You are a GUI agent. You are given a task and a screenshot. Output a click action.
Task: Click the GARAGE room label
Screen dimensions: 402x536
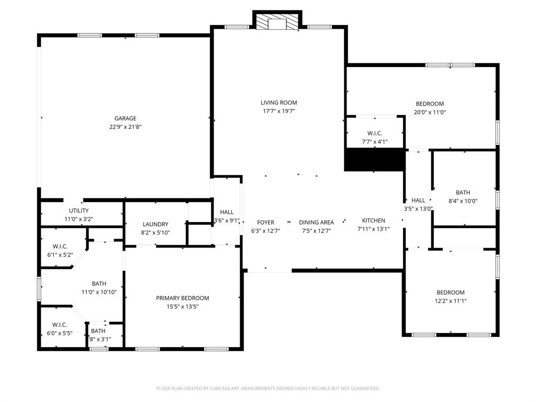pyautogui.click(x=126, y=118)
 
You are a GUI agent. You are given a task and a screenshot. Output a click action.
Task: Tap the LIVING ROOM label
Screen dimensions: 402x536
pyautogui.click(x=279, y=103)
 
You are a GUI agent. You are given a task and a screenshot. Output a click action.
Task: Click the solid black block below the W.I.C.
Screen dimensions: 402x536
pyautogui.click(x=375, y=160)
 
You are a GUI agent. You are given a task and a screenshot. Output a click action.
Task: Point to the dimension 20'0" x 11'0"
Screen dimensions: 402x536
pyautogui.click(x=430, y=112)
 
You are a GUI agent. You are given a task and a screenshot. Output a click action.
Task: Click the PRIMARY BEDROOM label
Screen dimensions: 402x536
pyautogui.click(x=183, y=298)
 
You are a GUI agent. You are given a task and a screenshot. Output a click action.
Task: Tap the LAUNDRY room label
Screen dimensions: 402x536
pyautogui.click(x=155, y=224)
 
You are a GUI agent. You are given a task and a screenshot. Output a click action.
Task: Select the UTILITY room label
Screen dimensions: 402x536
pyautogui.click(x=79, y=211)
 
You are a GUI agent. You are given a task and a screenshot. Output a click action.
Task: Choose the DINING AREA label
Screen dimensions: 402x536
pyautogui.click(x=316, y=222)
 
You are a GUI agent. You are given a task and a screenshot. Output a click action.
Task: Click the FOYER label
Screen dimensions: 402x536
pyautogui.click(x=266, y=222)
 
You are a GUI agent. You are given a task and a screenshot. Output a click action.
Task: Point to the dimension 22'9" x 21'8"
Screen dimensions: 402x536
pyautogui.click(x=126, y=127)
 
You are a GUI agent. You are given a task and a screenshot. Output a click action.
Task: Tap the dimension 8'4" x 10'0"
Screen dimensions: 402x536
pyautogui.click(x=463, y=201)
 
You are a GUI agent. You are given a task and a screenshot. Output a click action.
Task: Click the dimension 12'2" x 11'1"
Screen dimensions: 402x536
pyautogui.click(x=451, y=301)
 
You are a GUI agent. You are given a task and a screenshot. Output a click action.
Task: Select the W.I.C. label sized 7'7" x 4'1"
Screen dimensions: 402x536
pyautogui.click(x=375, y=133)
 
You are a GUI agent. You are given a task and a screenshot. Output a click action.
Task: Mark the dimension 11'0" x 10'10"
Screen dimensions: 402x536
pyautogui.click(x=99, y=292)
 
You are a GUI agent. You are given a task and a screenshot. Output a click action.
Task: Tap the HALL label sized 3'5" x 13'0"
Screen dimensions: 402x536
pyautogui.click(x=418, y=200)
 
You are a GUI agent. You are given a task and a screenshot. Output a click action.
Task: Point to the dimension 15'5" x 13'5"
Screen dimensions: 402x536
pyautogui.click(x=183, y=307)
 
